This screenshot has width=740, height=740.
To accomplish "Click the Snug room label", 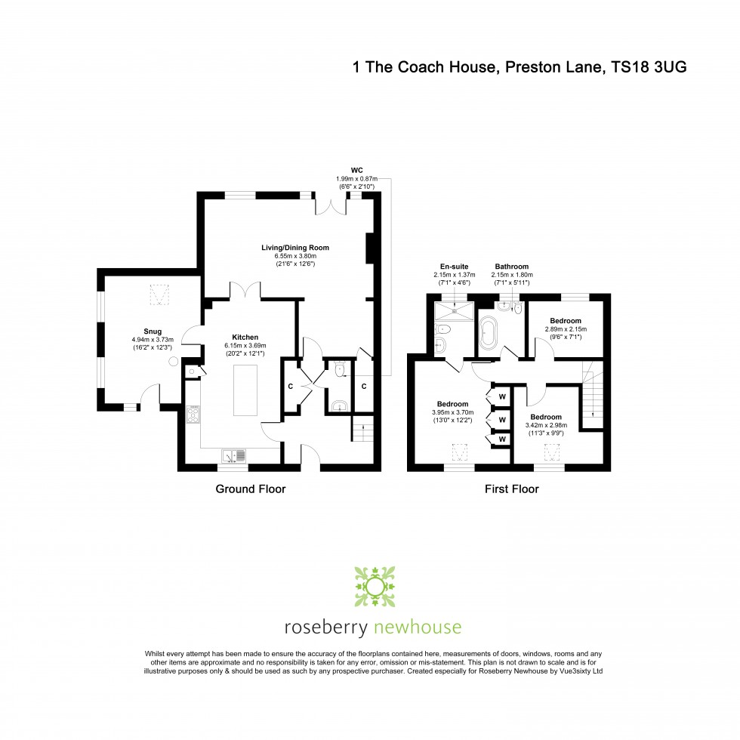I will [153, 330].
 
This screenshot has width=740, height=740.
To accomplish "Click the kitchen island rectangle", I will [245, 390].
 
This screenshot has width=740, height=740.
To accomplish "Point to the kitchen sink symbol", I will [233, 455].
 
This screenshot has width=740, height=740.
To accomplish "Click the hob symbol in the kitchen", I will [193, 414].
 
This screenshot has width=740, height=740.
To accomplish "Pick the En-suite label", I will [455, 267].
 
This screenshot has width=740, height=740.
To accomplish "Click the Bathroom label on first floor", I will [511, 267].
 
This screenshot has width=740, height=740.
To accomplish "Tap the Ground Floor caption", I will [251, 489].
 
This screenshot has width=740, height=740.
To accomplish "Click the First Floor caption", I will [511, 489].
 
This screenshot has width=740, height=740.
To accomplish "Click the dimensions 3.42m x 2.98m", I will [545, 426].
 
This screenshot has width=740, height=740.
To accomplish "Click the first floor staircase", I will [594, 392].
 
